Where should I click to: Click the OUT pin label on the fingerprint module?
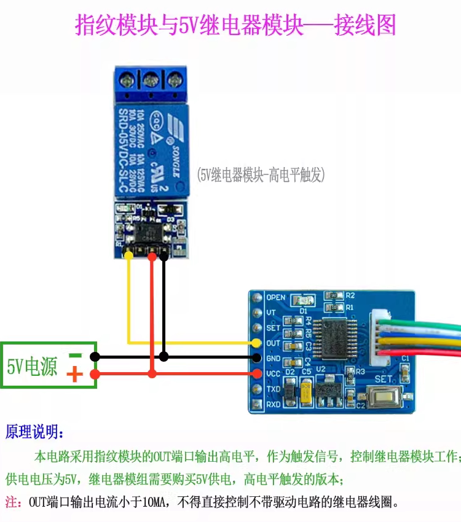(x=274, y=343)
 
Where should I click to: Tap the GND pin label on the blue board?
(x=274, y=359)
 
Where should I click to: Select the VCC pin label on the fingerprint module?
(x=274, y=374)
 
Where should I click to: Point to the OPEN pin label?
(x=276, y=298)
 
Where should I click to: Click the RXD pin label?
(x=274, y=404)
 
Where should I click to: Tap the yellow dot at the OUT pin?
(x=257, y=343)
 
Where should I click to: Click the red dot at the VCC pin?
(x=257, y=373)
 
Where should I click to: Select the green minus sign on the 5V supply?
(x=75, y=355)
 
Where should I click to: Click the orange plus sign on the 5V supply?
(x=74, y=374)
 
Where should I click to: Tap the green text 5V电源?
(x=32, y=367)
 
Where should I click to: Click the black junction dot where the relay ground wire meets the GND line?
(x=164, y=357)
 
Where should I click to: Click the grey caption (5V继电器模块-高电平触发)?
(x=261, y=175)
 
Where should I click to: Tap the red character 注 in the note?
(x=10, y=502)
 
